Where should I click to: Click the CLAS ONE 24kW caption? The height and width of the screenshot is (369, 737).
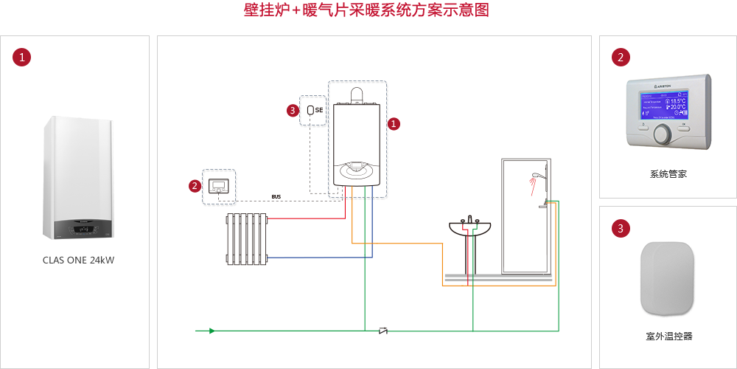click(x=79, y=260)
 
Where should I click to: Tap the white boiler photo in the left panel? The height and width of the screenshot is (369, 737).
click(x=79, y=178)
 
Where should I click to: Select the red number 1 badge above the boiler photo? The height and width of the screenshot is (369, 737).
click(x=22, y=57)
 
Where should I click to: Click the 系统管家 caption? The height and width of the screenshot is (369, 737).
click(x=668, y=174)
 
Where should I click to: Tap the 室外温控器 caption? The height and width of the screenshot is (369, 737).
click(x=668, y=337)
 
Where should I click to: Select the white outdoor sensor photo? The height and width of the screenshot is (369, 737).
click(x=668, y=277)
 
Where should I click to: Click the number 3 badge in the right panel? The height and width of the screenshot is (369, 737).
click(x=621, y=229)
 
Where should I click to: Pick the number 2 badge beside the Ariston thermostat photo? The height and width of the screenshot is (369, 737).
click(x=621, y=57)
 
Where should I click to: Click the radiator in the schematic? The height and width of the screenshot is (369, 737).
click(x=246, y=238)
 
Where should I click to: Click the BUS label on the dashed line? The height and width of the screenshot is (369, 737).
click(x=276, y=197)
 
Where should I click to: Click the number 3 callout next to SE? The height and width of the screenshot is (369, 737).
click(x=293, y=111)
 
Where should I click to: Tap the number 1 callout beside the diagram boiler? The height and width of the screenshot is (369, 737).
click(x=394, y=124)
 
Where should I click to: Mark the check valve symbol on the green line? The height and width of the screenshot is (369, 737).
click(x=383, y=331)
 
